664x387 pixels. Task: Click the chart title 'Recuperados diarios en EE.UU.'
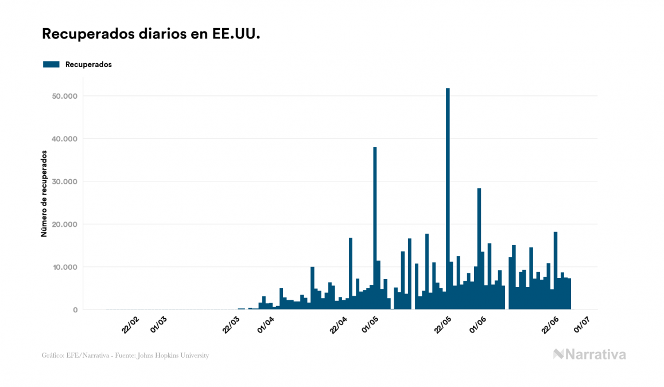pyautogui.click(x=151, y=34)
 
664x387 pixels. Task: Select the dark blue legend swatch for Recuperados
pyautogui.click(x=51, y=64)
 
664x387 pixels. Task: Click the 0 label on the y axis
pyautogui.click(x=75, y=310)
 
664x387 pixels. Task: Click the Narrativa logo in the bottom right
pyautogui.click(x=589, y=354)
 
